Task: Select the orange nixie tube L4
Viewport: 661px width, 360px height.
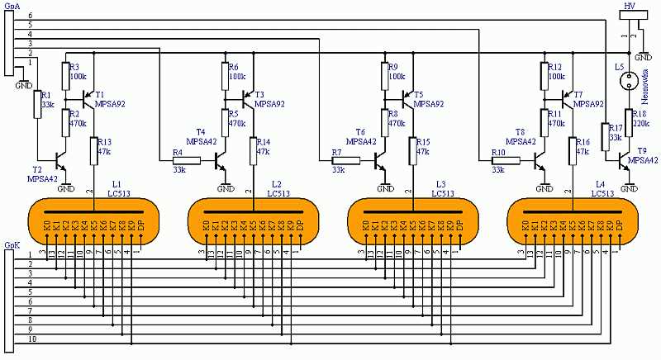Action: [x=571, y=221]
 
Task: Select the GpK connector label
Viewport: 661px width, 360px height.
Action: [x=12, y=244]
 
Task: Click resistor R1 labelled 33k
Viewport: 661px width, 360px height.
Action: [x=36, y=105]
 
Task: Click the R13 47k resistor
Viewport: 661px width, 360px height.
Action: [x=94, y=151]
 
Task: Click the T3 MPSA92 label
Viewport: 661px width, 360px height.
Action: [x=269, y=100]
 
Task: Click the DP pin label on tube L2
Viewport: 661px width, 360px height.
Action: [x=301, y=224]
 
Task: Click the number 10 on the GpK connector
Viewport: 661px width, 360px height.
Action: [x=32, y=339]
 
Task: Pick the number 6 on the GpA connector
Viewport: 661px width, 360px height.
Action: [x=30, y=17]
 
